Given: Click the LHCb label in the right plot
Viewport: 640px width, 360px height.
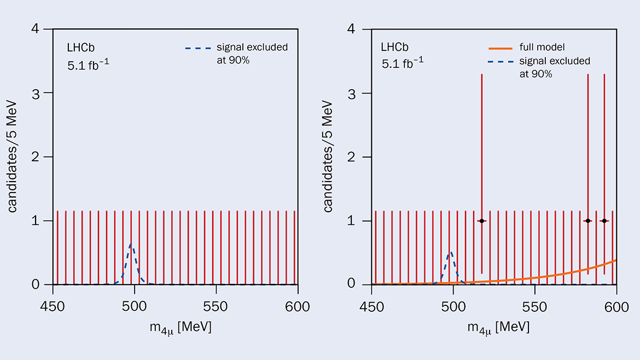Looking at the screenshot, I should pos(395,48).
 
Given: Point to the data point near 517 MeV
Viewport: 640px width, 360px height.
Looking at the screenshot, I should pos(481,220).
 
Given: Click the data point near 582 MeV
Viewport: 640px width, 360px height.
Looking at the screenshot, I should pos(587,220).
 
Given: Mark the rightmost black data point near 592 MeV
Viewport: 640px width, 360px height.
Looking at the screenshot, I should pos(604,220).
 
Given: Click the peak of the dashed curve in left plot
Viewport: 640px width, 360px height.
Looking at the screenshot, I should pos(131,243).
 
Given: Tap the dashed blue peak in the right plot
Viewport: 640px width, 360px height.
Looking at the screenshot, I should pos(450,252).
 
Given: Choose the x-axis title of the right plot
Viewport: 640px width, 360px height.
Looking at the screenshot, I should pos(498,328).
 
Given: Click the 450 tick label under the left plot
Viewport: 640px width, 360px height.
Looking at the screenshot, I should pos(53,306).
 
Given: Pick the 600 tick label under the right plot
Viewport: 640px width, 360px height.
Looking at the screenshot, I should pos(616,306).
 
